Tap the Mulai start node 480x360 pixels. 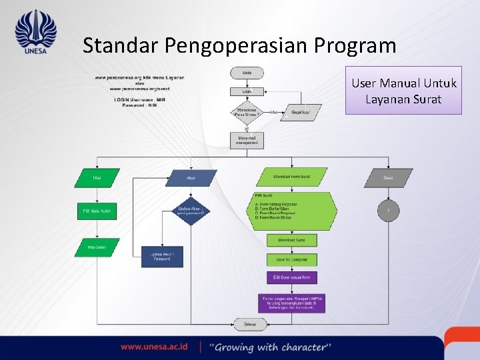pos(247,71)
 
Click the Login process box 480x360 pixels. pos(247,91)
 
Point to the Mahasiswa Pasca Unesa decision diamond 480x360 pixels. pos(247,113)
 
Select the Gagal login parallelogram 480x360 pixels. pos(301,113)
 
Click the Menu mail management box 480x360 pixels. pos(247,140)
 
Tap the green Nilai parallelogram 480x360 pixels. pos(97,178)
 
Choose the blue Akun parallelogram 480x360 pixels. pos(191,178)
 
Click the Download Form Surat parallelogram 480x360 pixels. pos(292,177)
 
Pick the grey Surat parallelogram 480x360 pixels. pos(388,178)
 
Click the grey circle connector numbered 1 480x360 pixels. pos(388,211)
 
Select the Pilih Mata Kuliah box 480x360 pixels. pos(97,211)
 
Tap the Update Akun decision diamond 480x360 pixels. pos(191,211)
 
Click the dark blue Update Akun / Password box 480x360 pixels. pos(162,257)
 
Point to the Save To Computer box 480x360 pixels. pos(292,259)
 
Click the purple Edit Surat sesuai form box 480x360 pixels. pos(292,277)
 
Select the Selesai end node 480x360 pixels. pos(247,324)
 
